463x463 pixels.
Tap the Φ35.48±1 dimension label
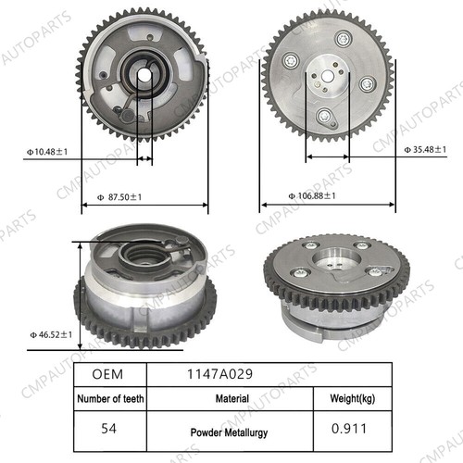[x=427, y=149]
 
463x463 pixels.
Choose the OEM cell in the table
[x=109, y=375]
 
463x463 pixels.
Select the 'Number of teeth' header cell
[x=109, y=399]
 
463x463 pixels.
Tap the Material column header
[x=232, y=399]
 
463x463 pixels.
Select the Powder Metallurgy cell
[x=232, y=432]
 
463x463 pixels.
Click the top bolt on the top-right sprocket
[x=344, y=38]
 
